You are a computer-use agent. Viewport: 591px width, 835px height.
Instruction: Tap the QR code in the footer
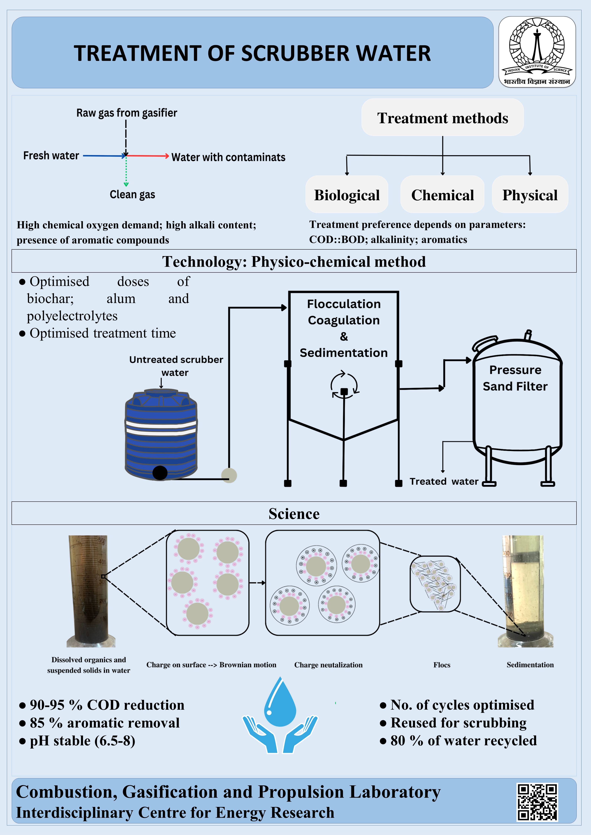click(537, 802)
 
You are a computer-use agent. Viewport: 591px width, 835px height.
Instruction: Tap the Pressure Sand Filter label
click(515, 378)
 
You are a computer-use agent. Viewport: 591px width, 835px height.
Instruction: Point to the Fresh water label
click(51, 156)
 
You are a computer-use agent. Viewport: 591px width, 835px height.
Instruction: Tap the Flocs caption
click(442, 665)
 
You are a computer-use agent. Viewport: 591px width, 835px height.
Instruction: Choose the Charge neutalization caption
click(328, 665)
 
